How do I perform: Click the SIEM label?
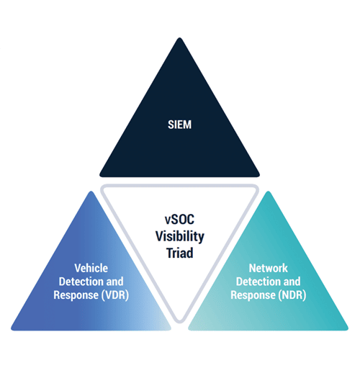[x=179, y=125]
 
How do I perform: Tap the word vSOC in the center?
[x=179, y=220]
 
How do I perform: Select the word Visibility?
[x=180, y=236]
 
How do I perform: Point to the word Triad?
[x=180, y=253]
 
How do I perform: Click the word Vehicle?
[x=91, y=268]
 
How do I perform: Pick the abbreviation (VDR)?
[x=115, y=295]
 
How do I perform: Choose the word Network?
[x=269, y=268]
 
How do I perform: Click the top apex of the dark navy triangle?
[x=179, y=38]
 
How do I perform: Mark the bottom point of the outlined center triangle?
[x=179, y=322]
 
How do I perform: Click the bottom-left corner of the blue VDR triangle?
[x=12, y=329]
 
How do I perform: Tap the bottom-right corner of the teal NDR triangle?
[x=347, y=329]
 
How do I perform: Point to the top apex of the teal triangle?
[x=268, y=192]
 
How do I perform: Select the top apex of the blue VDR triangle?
[x=91, y=192]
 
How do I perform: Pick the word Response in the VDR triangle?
[x=76, y=295]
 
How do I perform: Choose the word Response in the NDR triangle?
[x=253, y=295]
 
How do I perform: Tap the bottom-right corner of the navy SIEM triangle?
[x=258, y=176]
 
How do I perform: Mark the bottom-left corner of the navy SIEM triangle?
[x=101, y=176]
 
